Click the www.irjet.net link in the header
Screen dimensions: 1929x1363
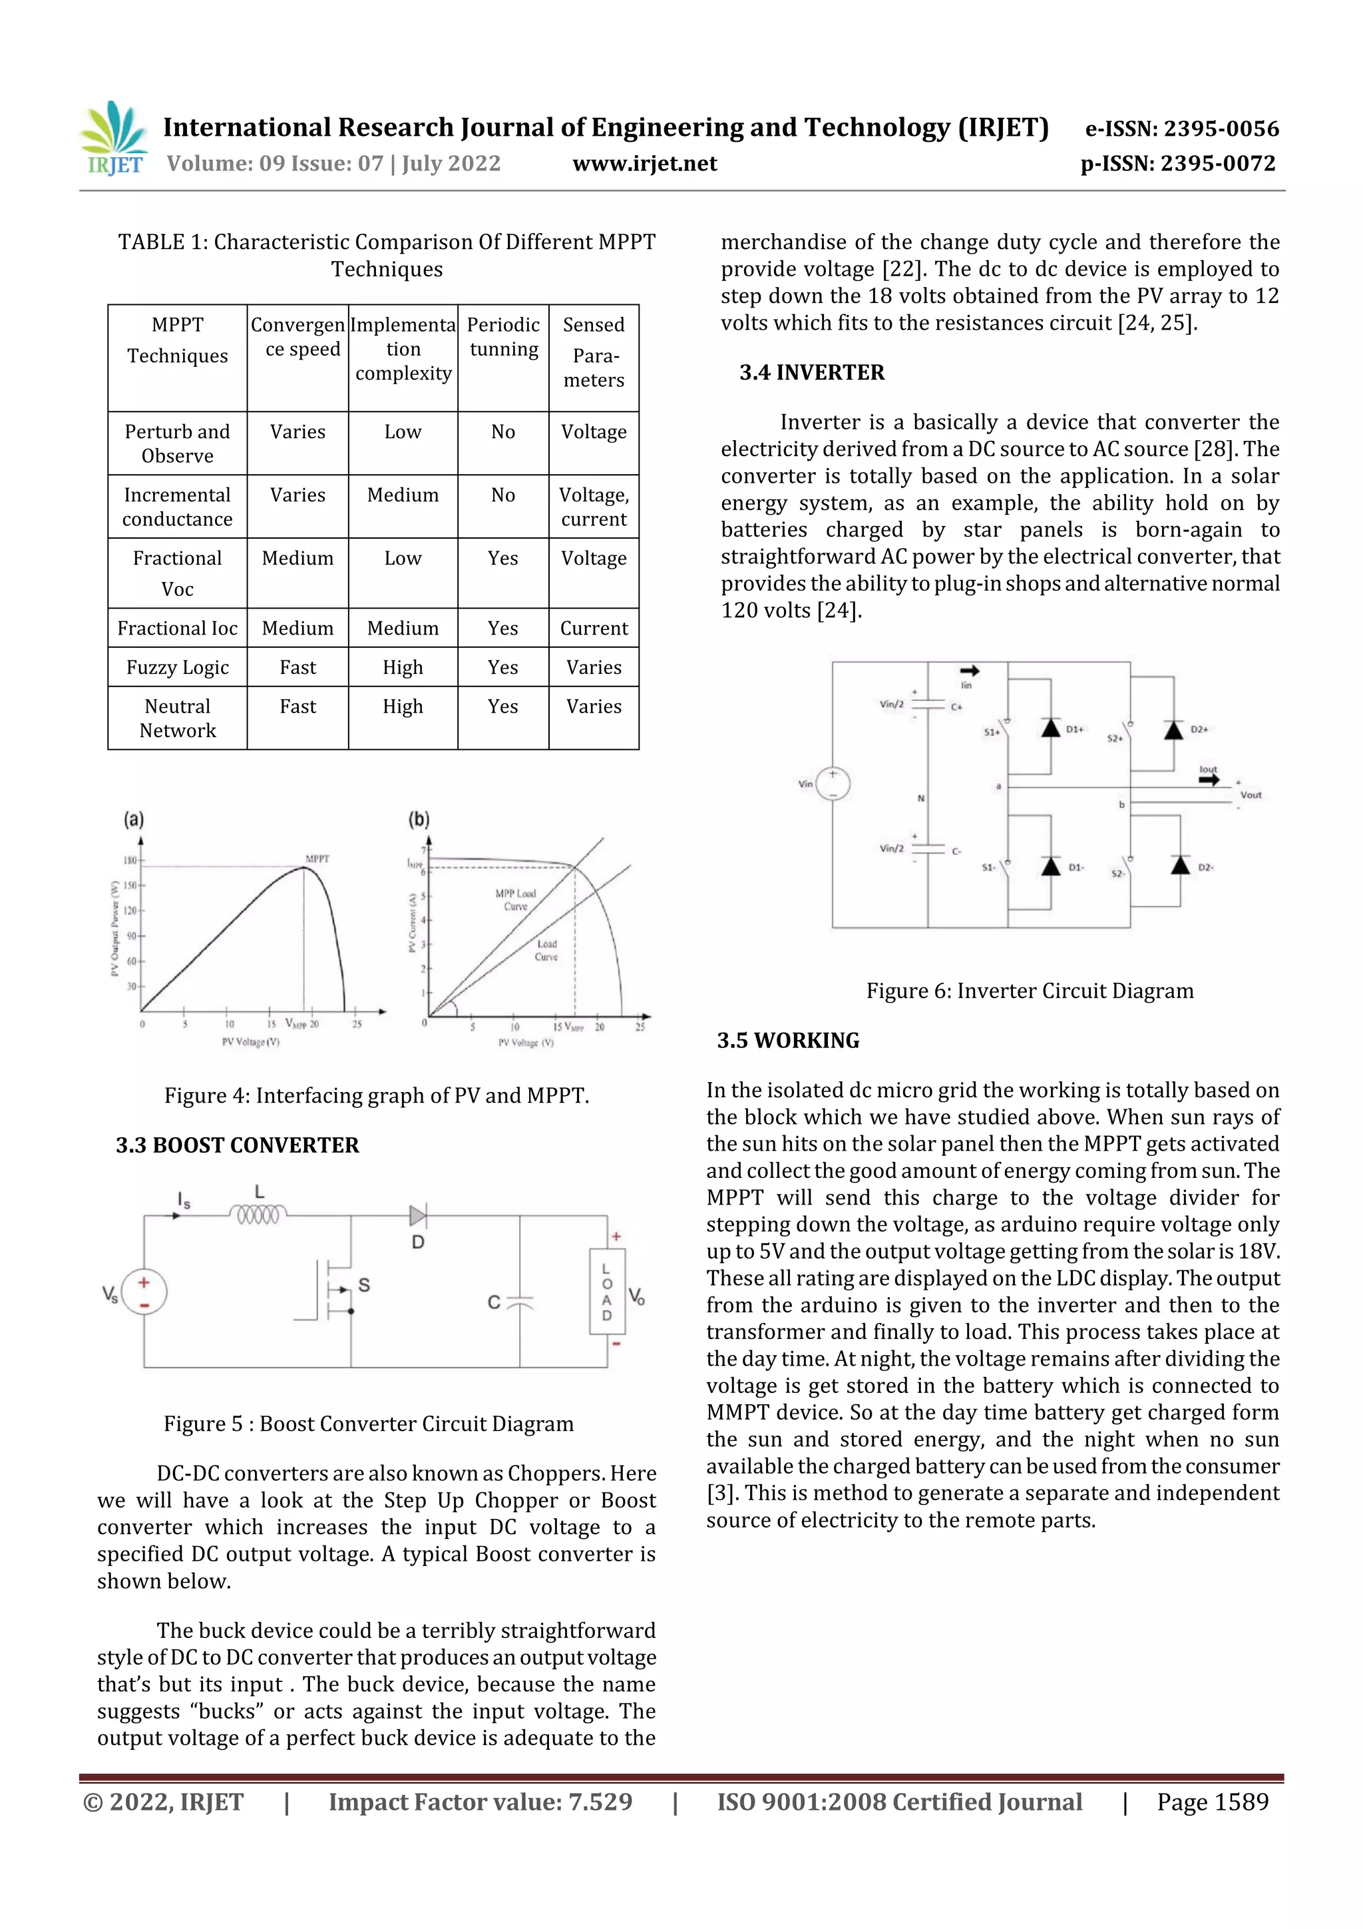[x=644, y=163]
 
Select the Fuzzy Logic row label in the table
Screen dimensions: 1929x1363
[x=177, y=667]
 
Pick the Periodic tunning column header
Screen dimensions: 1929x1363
[x=503, y=337]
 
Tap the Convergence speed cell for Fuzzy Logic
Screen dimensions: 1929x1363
[x=297, y=667]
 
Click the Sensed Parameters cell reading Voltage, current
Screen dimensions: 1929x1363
[x=594, y=507]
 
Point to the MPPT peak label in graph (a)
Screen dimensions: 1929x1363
[x=317, y=859]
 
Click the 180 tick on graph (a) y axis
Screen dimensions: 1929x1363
[x=130, y=860]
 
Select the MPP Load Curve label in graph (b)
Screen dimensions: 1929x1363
[x=515, y=899]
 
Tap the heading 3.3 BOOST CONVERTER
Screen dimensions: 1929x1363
[x=237, y=1145]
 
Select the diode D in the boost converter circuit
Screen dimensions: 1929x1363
[x=417, y=1216]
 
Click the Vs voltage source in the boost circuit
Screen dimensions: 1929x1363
[x=144, y=1292]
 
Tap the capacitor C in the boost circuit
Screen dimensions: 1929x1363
[x=520, y=1302]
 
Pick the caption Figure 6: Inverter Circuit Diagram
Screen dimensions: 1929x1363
[x=1030, y=991]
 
